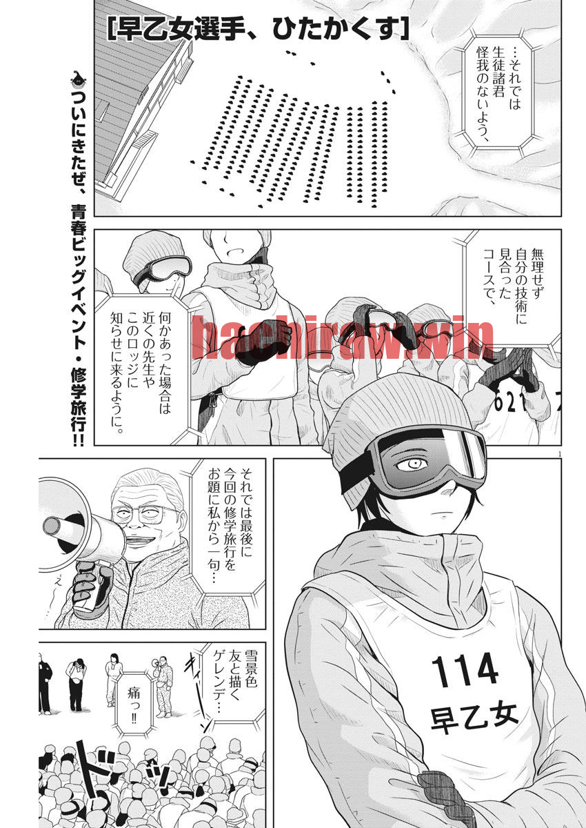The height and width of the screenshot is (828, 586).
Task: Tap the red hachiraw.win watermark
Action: [342, 339]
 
